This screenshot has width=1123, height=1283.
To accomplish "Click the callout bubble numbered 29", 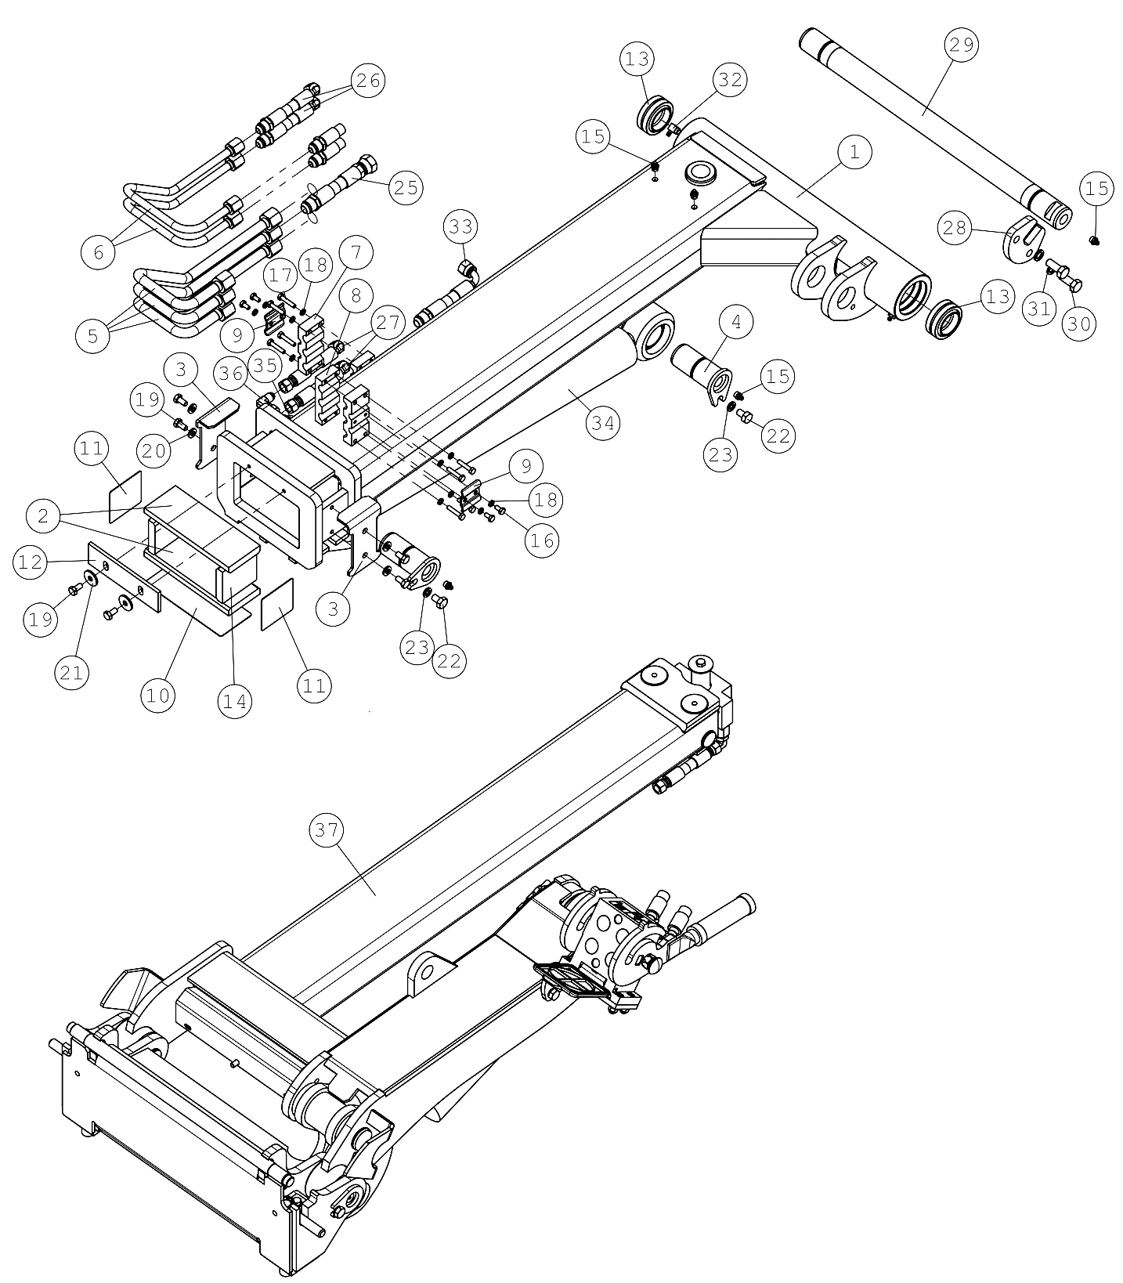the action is click(x=962, y=45).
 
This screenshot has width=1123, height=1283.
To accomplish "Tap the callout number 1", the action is click(x=854, y=152).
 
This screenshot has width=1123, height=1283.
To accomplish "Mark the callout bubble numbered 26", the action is click(x=369, y=80).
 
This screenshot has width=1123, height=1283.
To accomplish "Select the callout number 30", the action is click(x=1079, y=323).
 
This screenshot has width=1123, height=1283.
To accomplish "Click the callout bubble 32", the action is click(x=730, y=80).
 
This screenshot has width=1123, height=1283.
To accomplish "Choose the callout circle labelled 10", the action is click(x=158, y=695).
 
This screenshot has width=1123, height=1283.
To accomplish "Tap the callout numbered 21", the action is click(x=72, y=673).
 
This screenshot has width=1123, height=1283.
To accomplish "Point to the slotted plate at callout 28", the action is click(x=1021, y=240).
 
